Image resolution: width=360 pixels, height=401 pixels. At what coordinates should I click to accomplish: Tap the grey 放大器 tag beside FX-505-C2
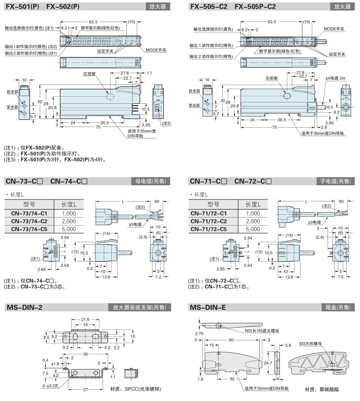point(342,6)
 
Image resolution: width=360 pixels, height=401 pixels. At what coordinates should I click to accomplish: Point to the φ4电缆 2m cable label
point(336,79)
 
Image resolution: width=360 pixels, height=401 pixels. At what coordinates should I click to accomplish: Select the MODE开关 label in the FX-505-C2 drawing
point(333,29)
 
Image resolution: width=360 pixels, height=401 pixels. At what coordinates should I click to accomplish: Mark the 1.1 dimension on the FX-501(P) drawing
point(149,73)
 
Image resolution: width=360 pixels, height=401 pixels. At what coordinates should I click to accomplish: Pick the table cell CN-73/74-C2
point(29,221)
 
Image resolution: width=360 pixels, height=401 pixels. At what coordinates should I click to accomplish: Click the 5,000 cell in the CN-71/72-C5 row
point(253,229)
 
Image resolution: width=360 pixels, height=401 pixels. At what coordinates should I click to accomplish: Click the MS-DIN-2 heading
point(25,308)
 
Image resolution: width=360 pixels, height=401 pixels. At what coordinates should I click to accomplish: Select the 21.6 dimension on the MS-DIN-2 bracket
point(84,319)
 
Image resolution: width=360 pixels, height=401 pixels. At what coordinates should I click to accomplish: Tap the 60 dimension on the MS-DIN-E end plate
point(231,340)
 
